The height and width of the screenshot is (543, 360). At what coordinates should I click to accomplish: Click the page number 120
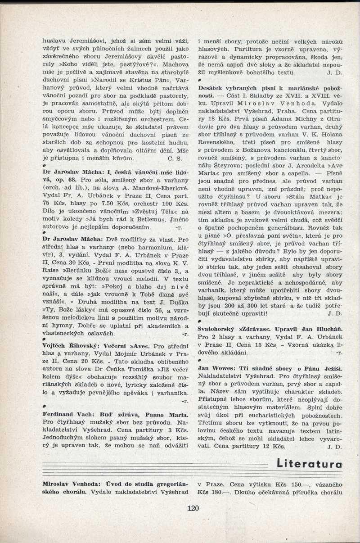click(x=192, y=508)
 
